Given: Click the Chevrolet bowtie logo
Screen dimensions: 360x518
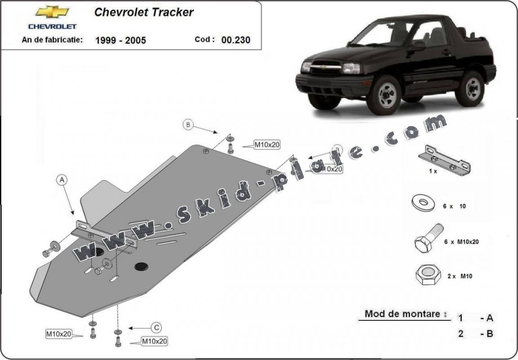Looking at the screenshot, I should (x=52, y=12).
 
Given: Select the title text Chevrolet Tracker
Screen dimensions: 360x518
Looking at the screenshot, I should (x=144, y=12).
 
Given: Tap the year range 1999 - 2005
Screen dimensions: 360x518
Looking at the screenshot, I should (x=121, y=40).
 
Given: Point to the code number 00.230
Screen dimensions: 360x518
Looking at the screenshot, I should (x=236, y=40).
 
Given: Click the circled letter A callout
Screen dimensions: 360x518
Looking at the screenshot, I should (x=62, y=180).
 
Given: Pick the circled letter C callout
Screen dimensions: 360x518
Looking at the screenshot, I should (x=156, y=328).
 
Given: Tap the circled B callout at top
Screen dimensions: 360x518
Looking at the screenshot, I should (x=188, y=124).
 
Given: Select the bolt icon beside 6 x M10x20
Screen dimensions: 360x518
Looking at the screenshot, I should (x=428, y=238).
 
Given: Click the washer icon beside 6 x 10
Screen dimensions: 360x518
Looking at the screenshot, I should (x=423, y=203).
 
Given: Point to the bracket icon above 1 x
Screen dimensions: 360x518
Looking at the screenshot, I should (x=444, y=160).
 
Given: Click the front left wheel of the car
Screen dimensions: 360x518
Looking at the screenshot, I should (x=383, y=95).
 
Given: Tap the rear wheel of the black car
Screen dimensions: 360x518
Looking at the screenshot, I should (x=469, y=89).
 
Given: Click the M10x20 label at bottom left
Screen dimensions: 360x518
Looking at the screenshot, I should (x=58, y=334).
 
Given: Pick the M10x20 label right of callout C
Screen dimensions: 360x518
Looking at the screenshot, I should (x=154, y=342).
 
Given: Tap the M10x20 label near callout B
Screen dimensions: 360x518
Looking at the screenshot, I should (x=267, y=145).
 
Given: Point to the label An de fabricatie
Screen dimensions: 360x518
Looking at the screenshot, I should (x=52, y=40).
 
